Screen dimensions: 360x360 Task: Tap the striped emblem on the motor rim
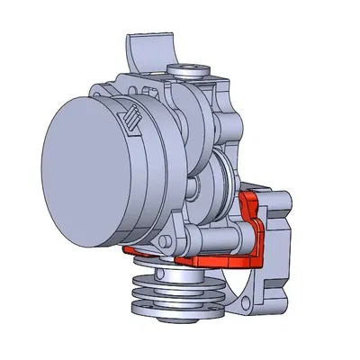(132, 119)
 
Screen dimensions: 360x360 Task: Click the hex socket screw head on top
(197, 67)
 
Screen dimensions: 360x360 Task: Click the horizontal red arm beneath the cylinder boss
(216, 261)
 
